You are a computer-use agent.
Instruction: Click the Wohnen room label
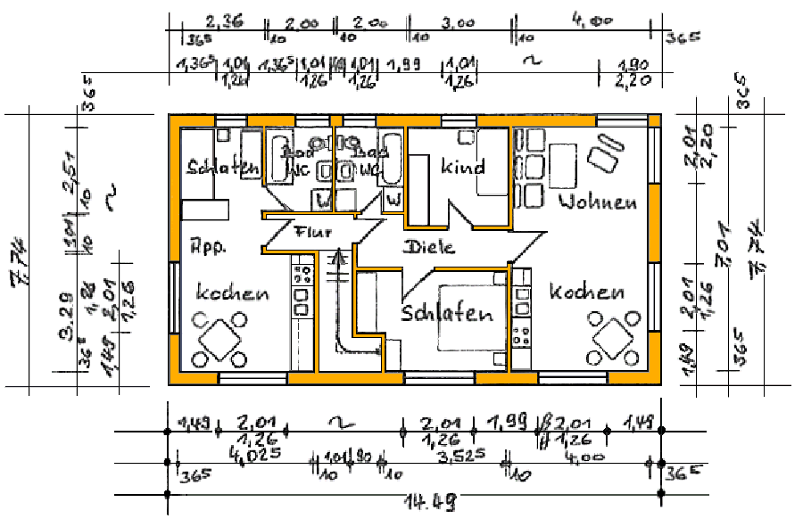pos(598,202)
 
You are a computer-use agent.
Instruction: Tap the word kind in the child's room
pos(462,167)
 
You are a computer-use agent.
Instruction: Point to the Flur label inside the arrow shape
pos(313,234)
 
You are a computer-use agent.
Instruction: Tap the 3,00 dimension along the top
pos(457,23)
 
